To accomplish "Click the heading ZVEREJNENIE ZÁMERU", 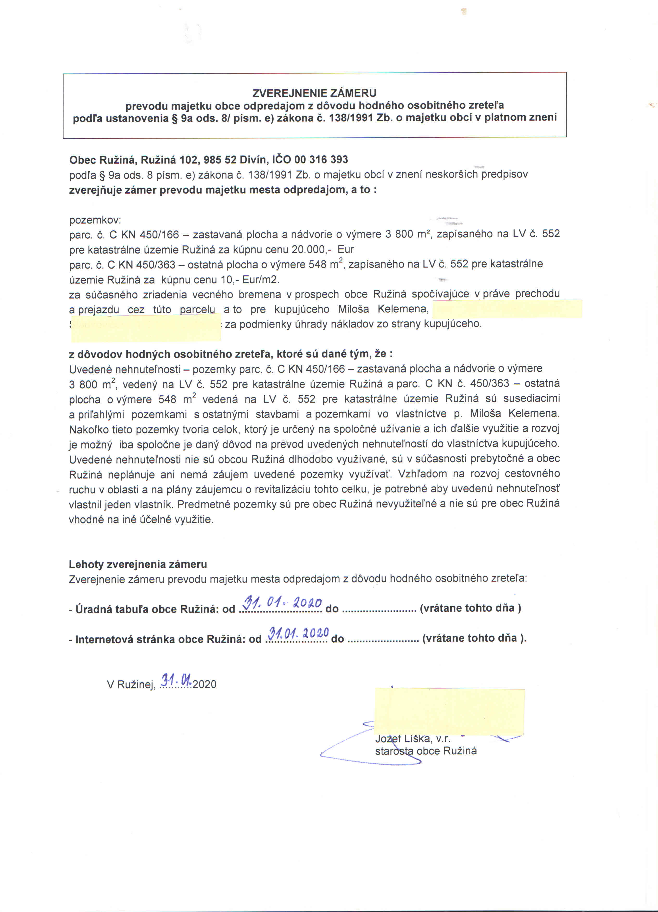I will [x=314, y=93].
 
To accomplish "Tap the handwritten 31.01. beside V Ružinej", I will [x=176, y=680].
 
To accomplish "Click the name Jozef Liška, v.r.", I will [x=413, y=739].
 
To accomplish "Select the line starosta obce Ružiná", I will [x=426, y=751].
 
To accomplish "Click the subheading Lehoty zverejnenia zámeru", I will [x=137, y=564].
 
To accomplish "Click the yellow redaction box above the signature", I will [x=449, y=711].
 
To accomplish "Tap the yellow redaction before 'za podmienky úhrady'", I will [x=145, y=327].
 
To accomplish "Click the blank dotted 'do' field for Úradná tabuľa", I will [x=379, y=609].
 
